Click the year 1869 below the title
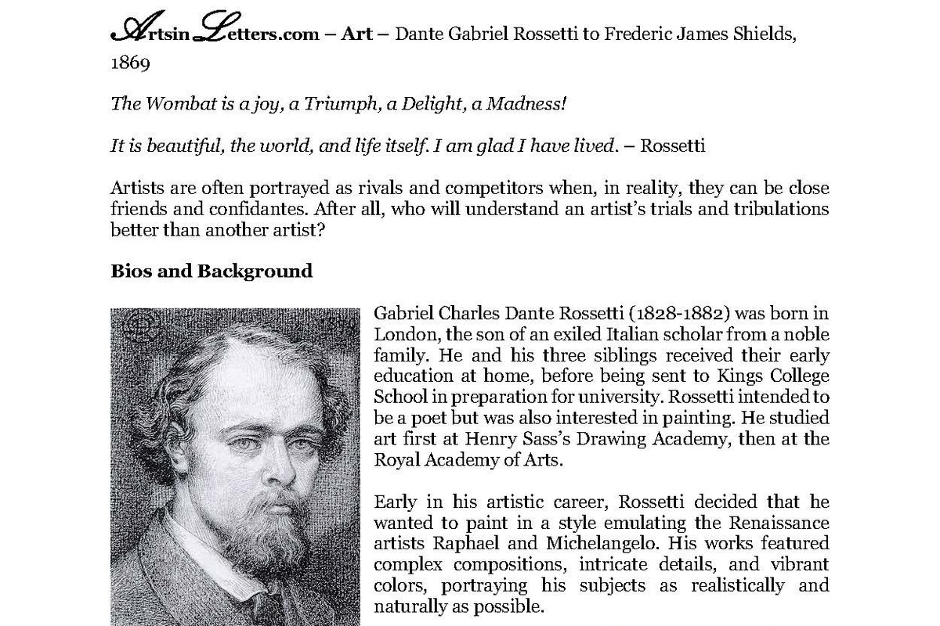pyautogui.click(x=130, y=63)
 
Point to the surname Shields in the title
pyautogui.click(x=768, y=35)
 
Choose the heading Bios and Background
pyautogui.click(x=211, y=271)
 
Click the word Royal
pyautogui.click(x=395, y=459)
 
